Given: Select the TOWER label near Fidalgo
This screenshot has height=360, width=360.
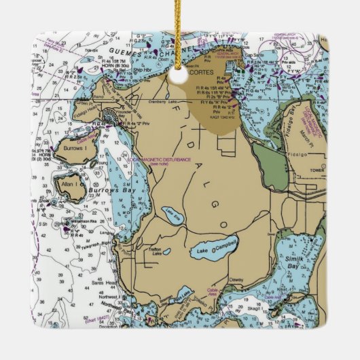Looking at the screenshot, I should (x=314, y=171).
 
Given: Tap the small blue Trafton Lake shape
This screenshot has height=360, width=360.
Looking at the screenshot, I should (x=166, y=253).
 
